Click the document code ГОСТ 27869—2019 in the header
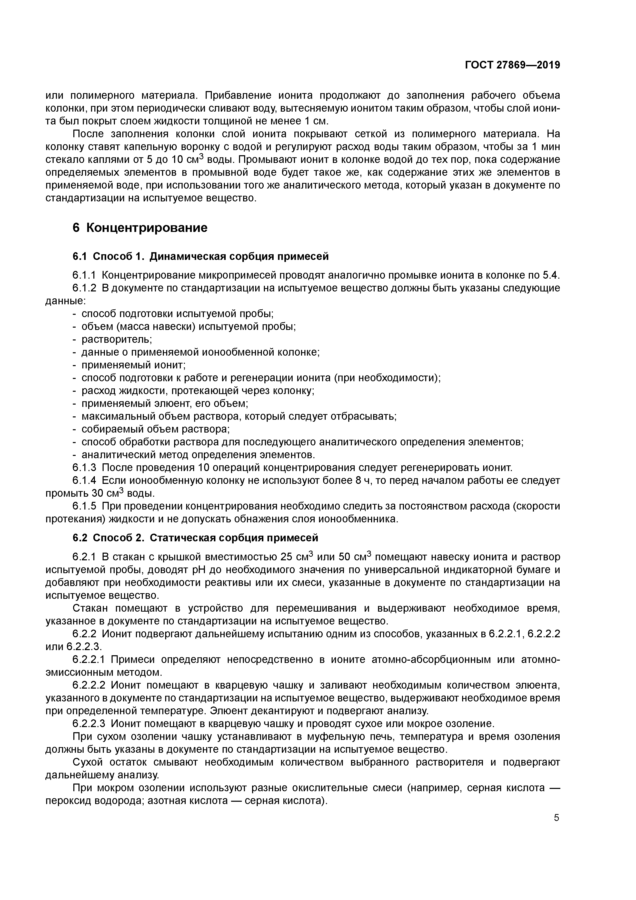[513, 65]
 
